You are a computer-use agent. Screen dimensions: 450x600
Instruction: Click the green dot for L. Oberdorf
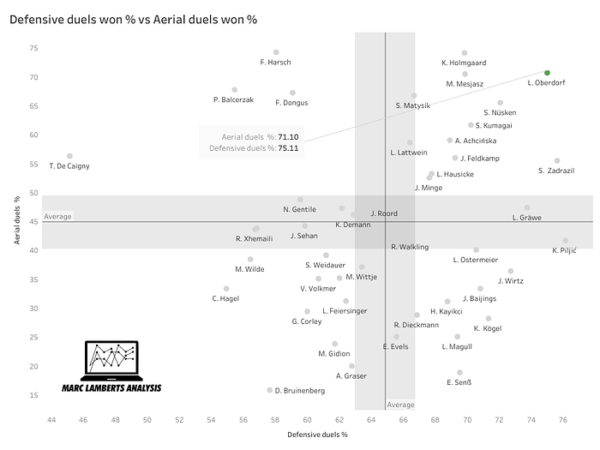(547, 73)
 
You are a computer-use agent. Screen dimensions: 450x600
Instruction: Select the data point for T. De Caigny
(69, 156)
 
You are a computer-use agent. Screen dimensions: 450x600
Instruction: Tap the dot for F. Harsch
(276, 52)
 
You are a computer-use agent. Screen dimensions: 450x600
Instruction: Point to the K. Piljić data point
(565, 241)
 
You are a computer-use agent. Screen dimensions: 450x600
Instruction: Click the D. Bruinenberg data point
(270, 390)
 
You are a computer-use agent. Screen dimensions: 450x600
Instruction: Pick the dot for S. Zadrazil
(557, 160)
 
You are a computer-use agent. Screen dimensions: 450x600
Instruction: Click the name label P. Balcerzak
(233, 100)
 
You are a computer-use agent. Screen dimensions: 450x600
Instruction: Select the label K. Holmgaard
(464, 63)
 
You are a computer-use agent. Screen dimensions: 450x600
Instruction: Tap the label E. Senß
(459, 382)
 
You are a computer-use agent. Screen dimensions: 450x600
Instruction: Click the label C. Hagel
(226, 298)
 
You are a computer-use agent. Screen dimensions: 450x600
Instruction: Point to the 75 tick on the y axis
(33, 48)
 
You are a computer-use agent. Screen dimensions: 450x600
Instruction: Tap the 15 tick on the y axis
(33, 395)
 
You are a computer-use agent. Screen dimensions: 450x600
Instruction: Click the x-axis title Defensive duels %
(317, 435)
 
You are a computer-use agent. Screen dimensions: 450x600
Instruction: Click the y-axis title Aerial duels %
(17, 220)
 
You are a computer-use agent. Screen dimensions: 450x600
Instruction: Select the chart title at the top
(133, 18)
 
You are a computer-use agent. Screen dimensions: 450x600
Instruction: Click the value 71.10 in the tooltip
(288, 137)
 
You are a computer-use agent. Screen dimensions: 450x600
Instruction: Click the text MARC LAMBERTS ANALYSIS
(113, 388)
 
